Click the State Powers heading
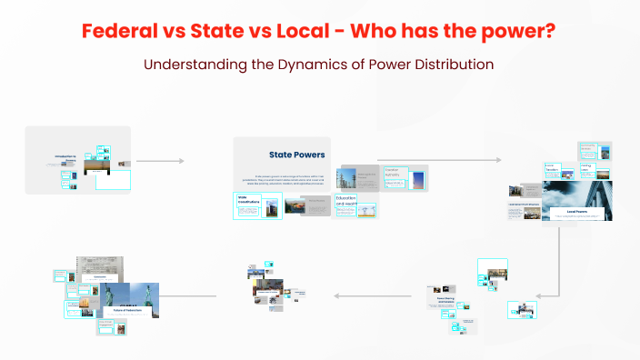coord(296,155)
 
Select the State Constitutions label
coord(249,200)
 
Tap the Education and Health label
coord(345,201)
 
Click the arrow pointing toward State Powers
coord(160,161)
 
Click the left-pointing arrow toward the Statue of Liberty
coord(191,295)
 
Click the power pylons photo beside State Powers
coord(345,177)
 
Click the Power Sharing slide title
coord(445,298)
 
